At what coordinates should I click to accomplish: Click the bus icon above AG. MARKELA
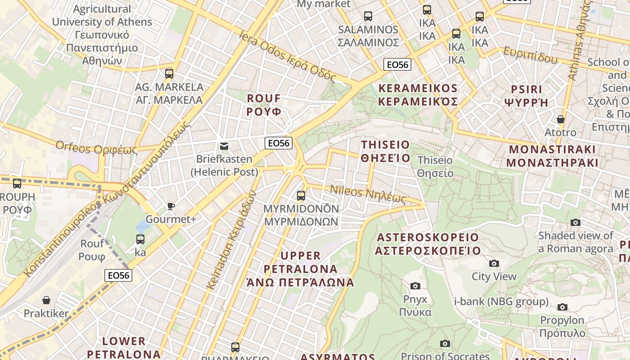point(169,73)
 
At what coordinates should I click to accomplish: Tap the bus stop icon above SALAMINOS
point(368,16)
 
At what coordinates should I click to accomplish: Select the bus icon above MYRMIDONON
point(301,196)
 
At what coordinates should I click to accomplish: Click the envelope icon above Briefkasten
point(224,146)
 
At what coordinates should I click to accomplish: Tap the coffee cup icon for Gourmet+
point(171,206)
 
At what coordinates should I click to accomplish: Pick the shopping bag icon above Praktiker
point(46,300)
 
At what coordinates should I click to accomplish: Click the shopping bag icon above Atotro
point(560,119)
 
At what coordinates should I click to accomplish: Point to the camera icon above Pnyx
point(415,286)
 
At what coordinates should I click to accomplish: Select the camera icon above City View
point(494,263)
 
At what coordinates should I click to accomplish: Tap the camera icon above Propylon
point(562,307)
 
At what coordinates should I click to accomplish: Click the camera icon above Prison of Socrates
point(445,344)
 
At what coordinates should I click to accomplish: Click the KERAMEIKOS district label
point(418,95)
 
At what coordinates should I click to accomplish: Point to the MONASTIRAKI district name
point(552,156)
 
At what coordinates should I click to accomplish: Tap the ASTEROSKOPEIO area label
point(427,244)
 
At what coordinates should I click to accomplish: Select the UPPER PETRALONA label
point(301,269)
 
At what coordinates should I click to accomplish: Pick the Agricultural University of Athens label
point(102,35)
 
